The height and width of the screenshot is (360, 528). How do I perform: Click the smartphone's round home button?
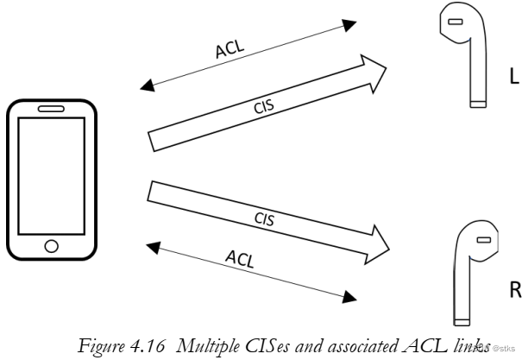(51, 245)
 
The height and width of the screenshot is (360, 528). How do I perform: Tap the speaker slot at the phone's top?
(51, 110)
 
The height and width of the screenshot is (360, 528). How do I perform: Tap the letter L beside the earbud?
(514, 77)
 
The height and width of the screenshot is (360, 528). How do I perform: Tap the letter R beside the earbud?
(515, 289)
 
